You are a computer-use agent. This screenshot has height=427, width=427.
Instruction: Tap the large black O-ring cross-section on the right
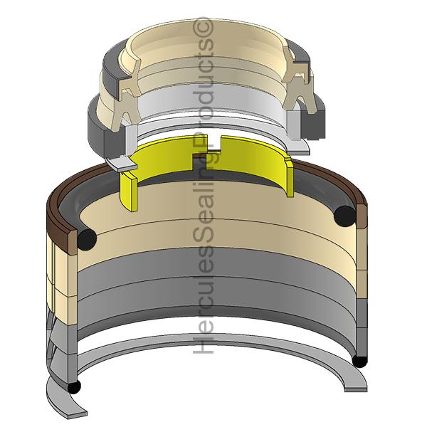[x=346, y=216]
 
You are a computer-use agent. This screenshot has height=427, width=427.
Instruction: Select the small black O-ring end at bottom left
[x=74, y=387]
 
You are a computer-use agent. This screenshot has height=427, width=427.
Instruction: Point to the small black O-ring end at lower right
[x=359, y=362]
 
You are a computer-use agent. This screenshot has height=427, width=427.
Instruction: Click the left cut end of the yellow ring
[x=129, y=192]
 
